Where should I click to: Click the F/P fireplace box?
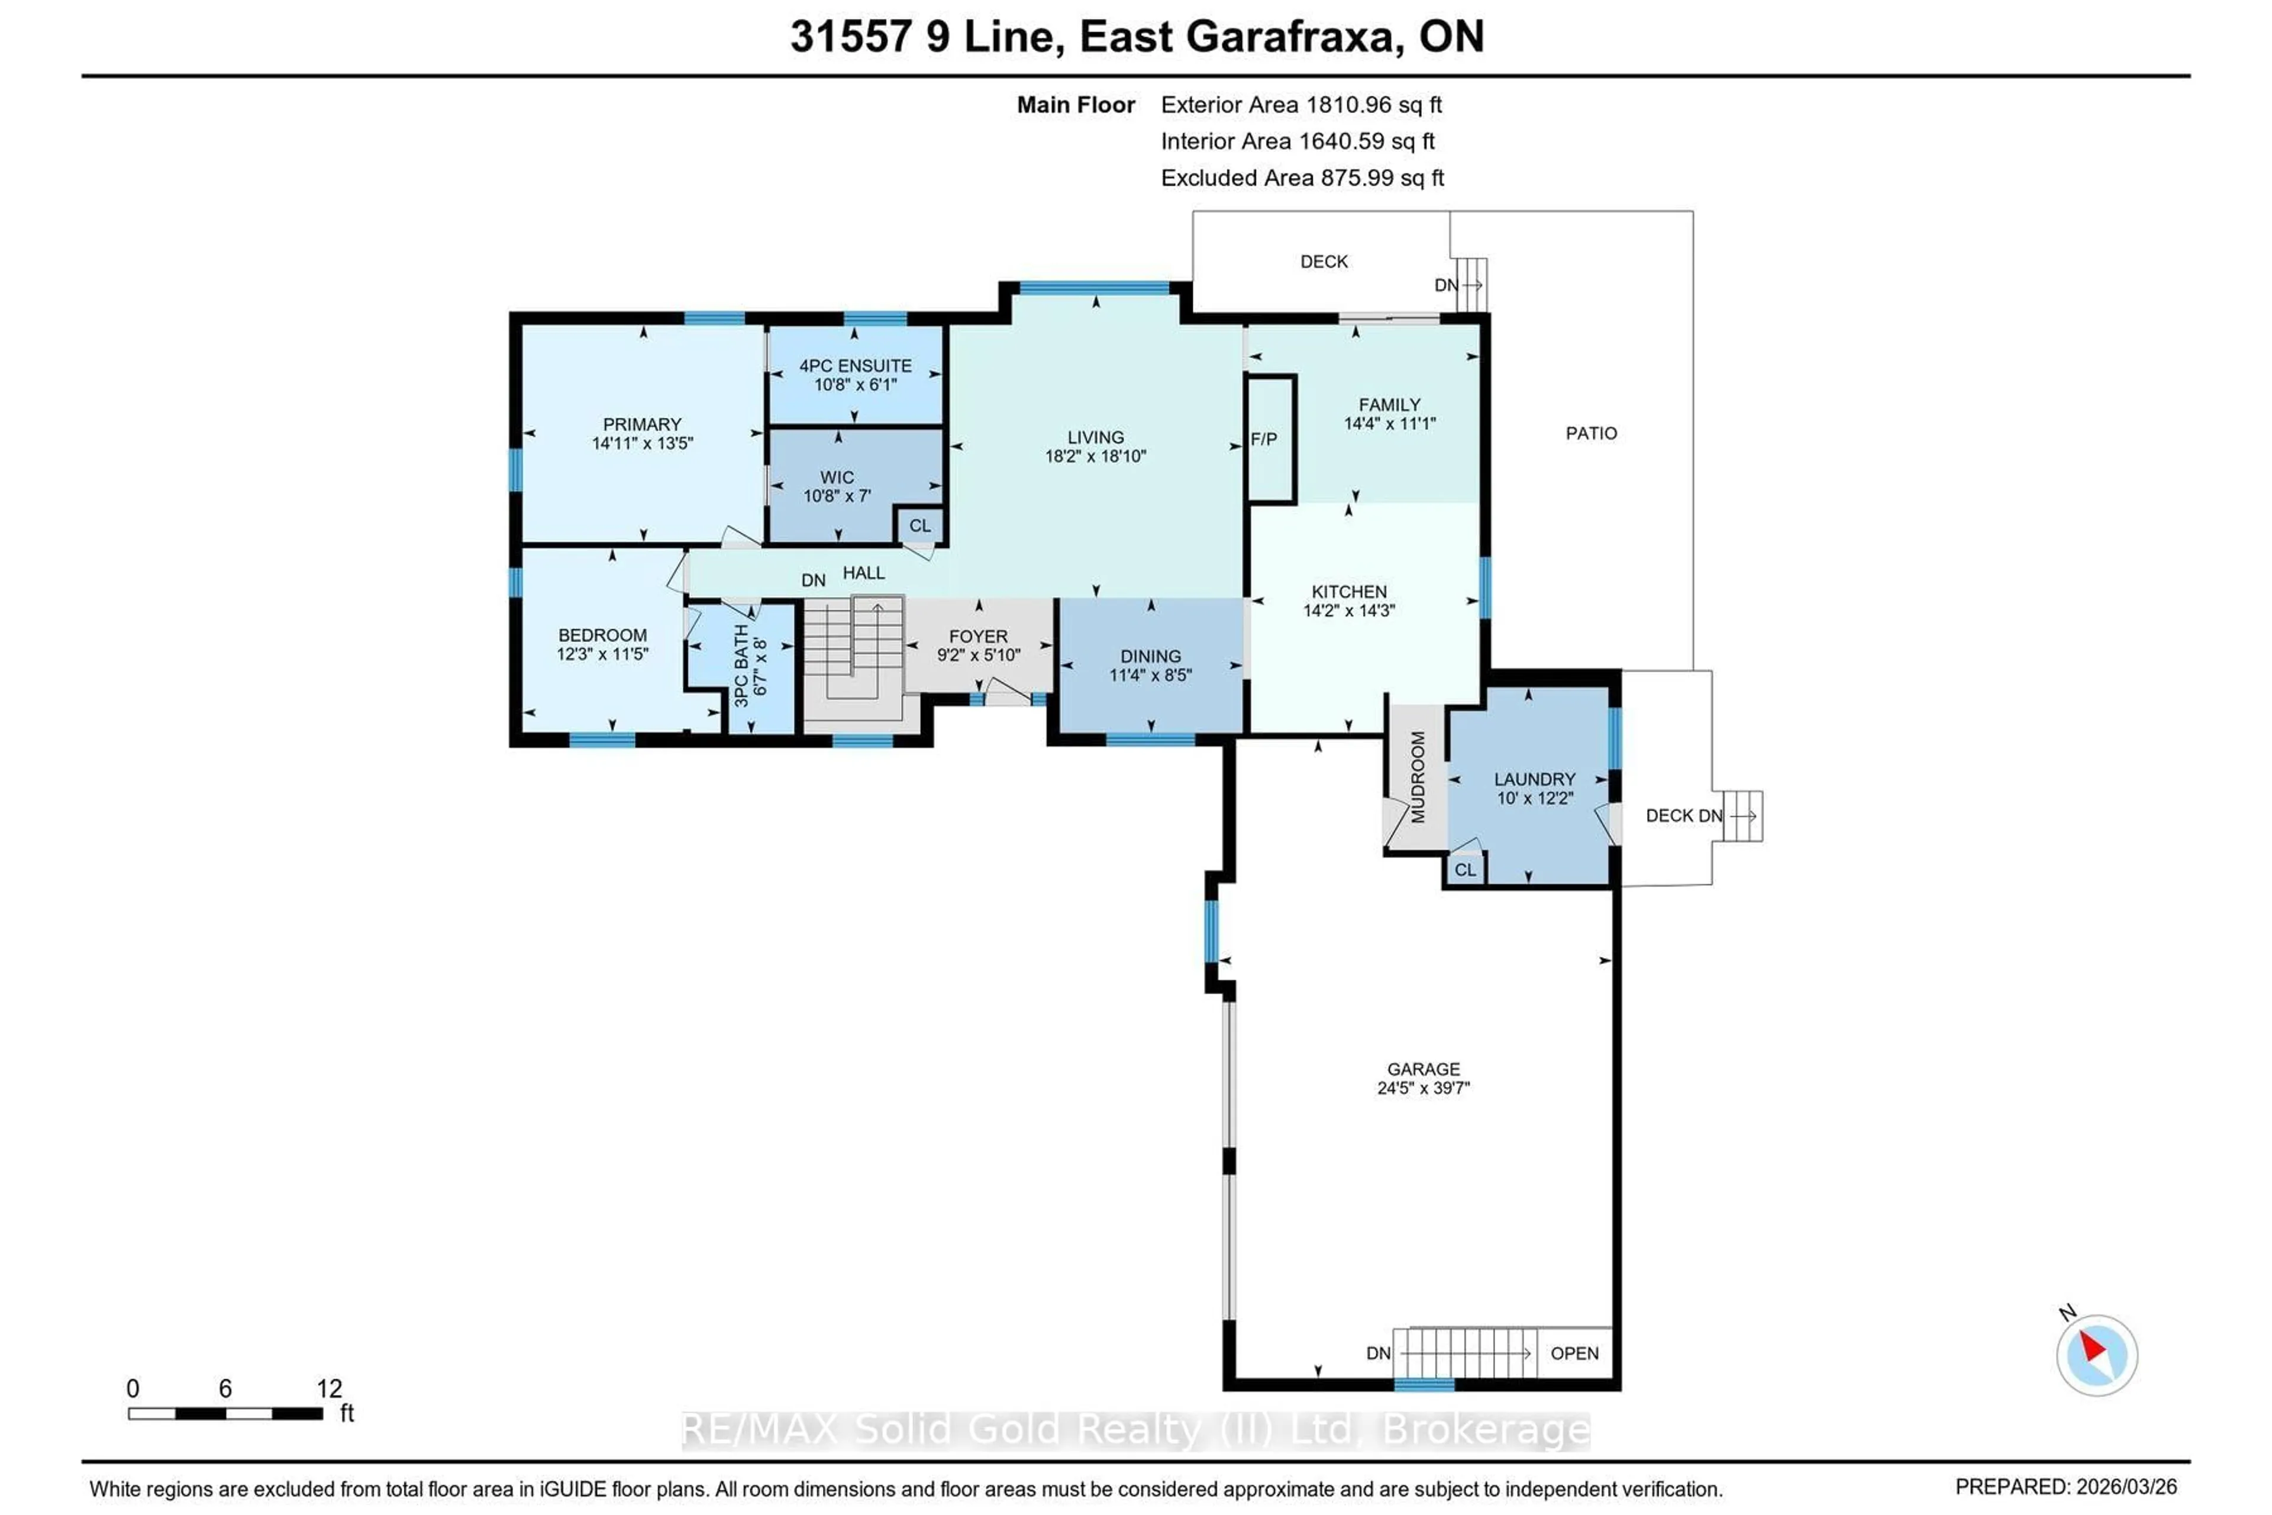click(1270, 440)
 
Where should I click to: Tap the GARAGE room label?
click(1423, 1069)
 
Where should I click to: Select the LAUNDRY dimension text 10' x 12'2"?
click(1535, 798)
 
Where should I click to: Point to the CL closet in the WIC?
click(919, 526)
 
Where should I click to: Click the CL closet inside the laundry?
click(1464, 869)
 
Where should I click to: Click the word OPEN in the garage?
click(1574, 1353)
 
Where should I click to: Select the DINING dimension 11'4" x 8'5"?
click(1150, 675)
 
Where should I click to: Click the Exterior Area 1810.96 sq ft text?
click(1300, 104)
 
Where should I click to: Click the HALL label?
click(864, 573)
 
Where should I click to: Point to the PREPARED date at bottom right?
click(2066, 1487)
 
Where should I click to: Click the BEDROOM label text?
click(602, 635)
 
